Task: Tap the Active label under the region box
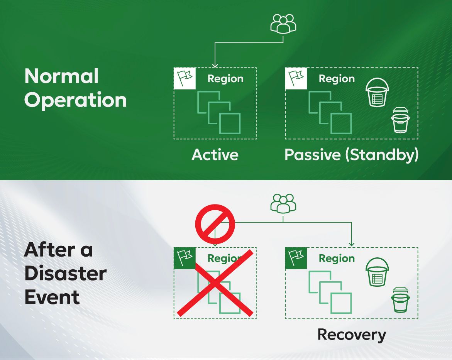coord(215,155)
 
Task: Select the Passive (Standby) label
coord(351,155)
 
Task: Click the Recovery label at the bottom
coord(351,335)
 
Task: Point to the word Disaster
coord(65,274)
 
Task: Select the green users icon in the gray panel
coord(283,203)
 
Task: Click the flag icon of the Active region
coord(185,78)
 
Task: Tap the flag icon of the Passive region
coord(296,78)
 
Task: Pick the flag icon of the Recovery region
coord(296,258)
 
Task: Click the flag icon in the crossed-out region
coord(185,258)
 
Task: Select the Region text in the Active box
coord(225,79)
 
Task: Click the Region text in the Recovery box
coord(337,259)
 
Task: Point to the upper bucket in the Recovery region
coord(377,272)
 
